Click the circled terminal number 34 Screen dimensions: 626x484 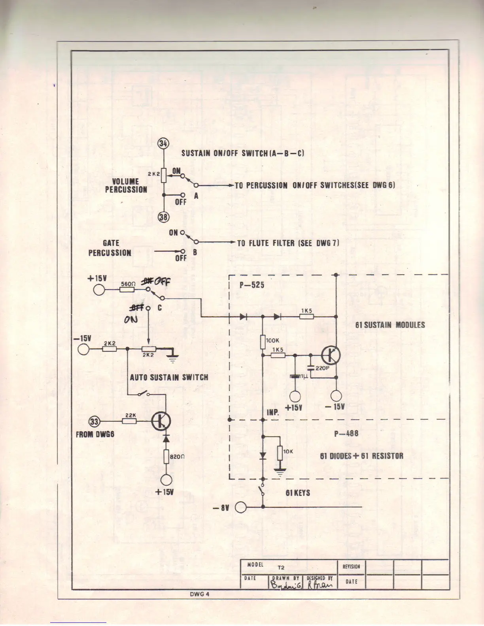[x=163, y=143]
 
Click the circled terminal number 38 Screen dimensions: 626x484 [x=163, y=216]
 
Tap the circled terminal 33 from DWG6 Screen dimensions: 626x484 [x=95, y=422]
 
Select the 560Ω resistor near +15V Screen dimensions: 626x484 [x=127, y=290]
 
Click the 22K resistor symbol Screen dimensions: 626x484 [x=129, y=422]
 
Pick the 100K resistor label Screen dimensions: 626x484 [x=273, y=340]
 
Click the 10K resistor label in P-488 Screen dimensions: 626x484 [x=287, y=451]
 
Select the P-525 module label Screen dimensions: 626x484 [x=252, y=285]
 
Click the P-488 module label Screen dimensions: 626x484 [x=346, y=433]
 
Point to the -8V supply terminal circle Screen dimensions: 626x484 [x=241, y=507]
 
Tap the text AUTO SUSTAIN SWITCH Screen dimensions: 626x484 [x=169, y=377]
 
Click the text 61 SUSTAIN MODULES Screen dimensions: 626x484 [x=390, y=325]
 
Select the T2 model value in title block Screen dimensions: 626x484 [x=281, y=568]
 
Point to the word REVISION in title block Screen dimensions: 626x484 [x=351, y=566]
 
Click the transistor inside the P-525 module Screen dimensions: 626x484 [x=331, y=355]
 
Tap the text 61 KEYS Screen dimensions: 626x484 [x=298, y=493]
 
